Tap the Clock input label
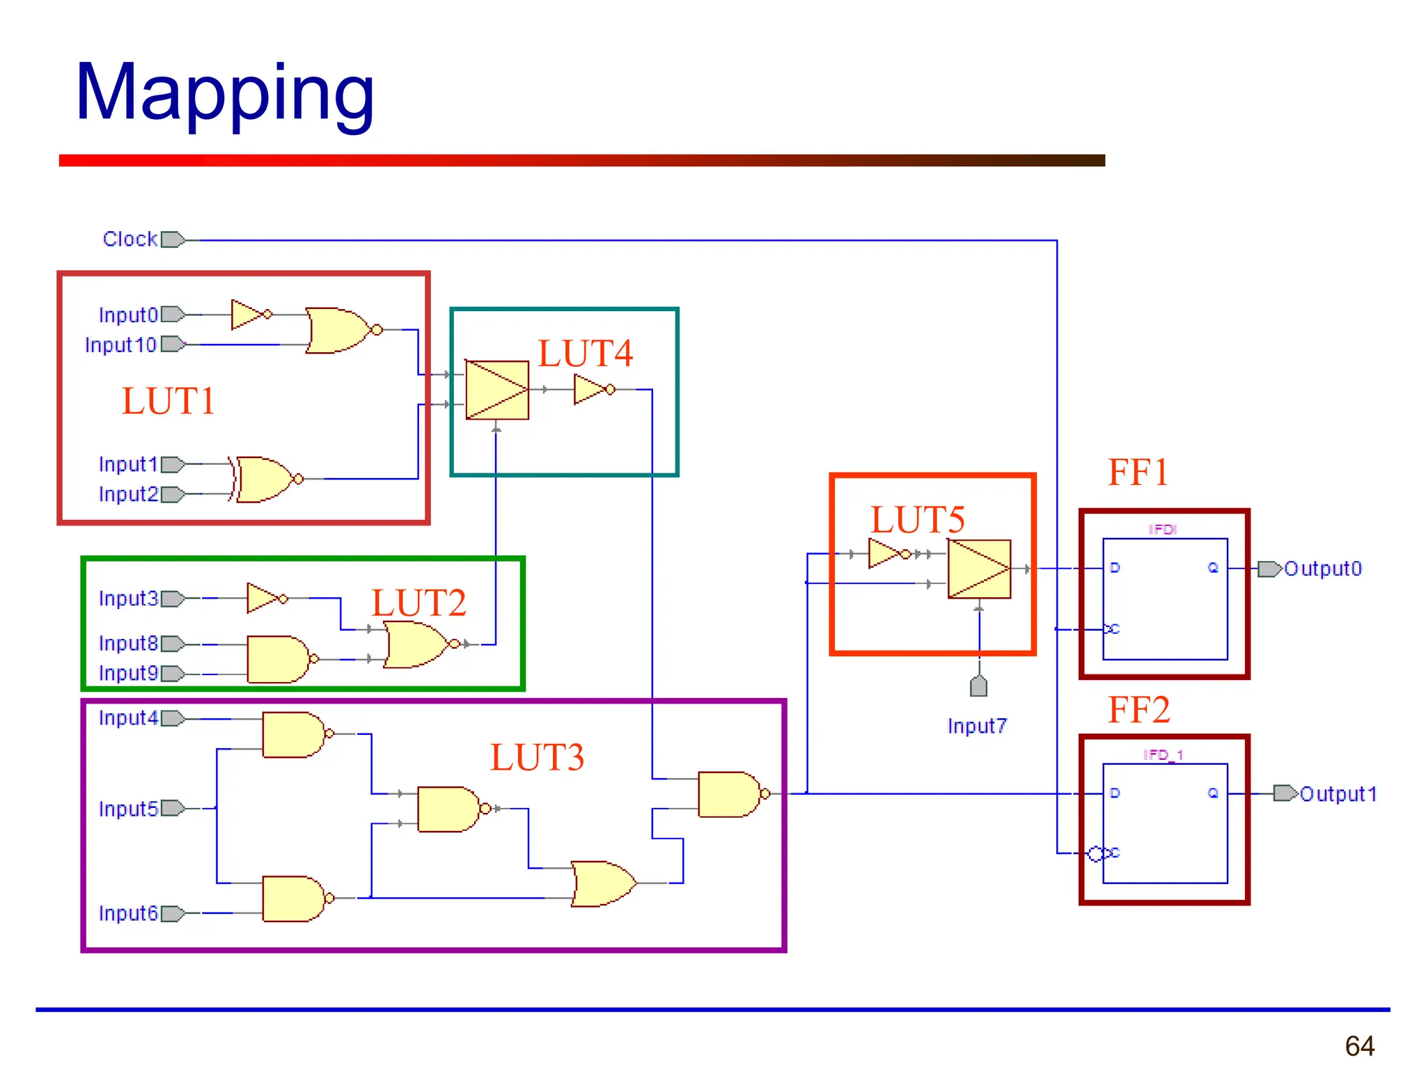(130, 239)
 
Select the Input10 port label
(120, 345)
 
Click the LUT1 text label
(168, 401)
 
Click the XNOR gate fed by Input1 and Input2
(266, 480)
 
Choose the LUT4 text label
(585, 354)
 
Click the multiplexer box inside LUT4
(496, 390)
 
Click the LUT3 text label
(536, 757)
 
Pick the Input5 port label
(128, 809)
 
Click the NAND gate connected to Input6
(293, 898)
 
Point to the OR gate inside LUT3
(603, 883)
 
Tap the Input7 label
(977, 726)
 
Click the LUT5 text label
(917, 520)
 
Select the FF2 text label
(1138, 711)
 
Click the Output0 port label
(1322, 569)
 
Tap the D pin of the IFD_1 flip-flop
(1115, 793)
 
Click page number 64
(1359, 1045)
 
